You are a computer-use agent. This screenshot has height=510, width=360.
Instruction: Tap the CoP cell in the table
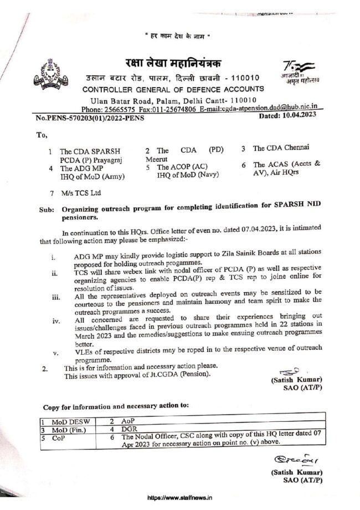point(59,437)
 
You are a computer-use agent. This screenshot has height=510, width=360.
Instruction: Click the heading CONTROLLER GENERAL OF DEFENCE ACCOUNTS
point(173,89)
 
